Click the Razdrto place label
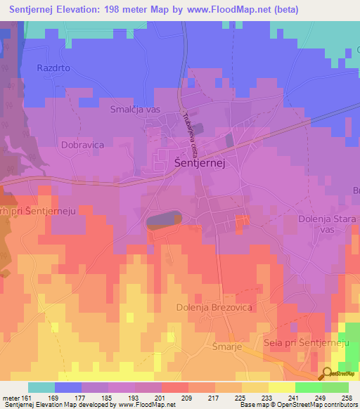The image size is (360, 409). [x=54, y=68]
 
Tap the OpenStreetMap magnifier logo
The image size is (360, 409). [x=327, y=374]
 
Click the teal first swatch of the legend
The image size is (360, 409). [x=41, y=387]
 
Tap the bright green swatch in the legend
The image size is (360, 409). [x=309, y=387]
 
